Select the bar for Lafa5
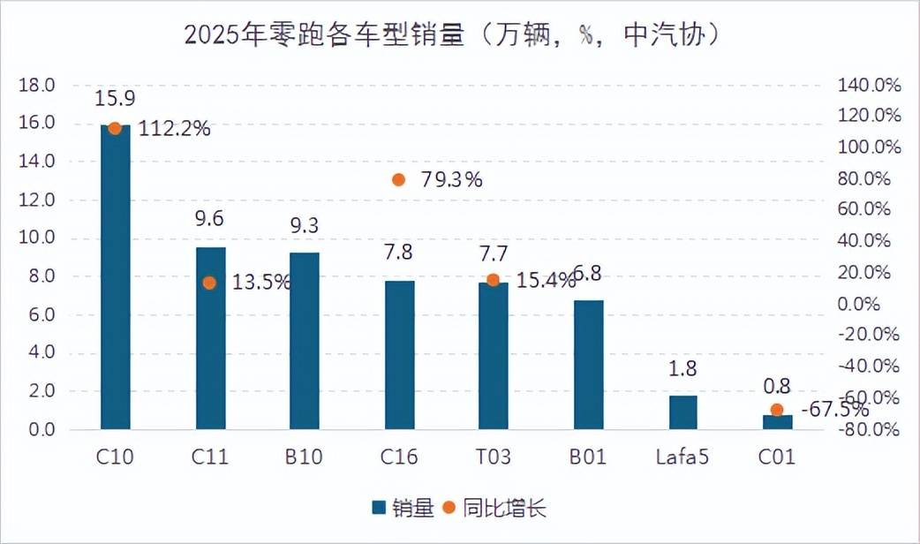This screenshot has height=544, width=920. [x=682, y=412]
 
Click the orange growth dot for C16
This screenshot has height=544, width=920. [x=398, y=180]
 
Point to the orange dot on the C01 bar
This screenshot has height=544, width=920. [x=777, y=410]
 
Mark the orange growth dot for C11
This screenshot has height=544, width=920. [x=209, y=283]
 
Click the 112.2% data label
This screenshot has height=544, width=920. [x=174, y=129]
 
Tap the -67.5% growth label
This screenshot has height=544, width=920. [x=833, y=411]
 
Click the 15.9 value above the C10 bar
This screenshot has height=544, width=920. [x=114, y=98]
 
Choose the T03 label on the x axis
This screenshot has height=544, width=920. [x=493, y=457]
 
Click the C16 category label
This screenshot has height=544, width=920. [x=399, y=457]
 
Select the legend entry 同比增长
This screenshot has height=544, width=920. [x=494, y=508]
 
